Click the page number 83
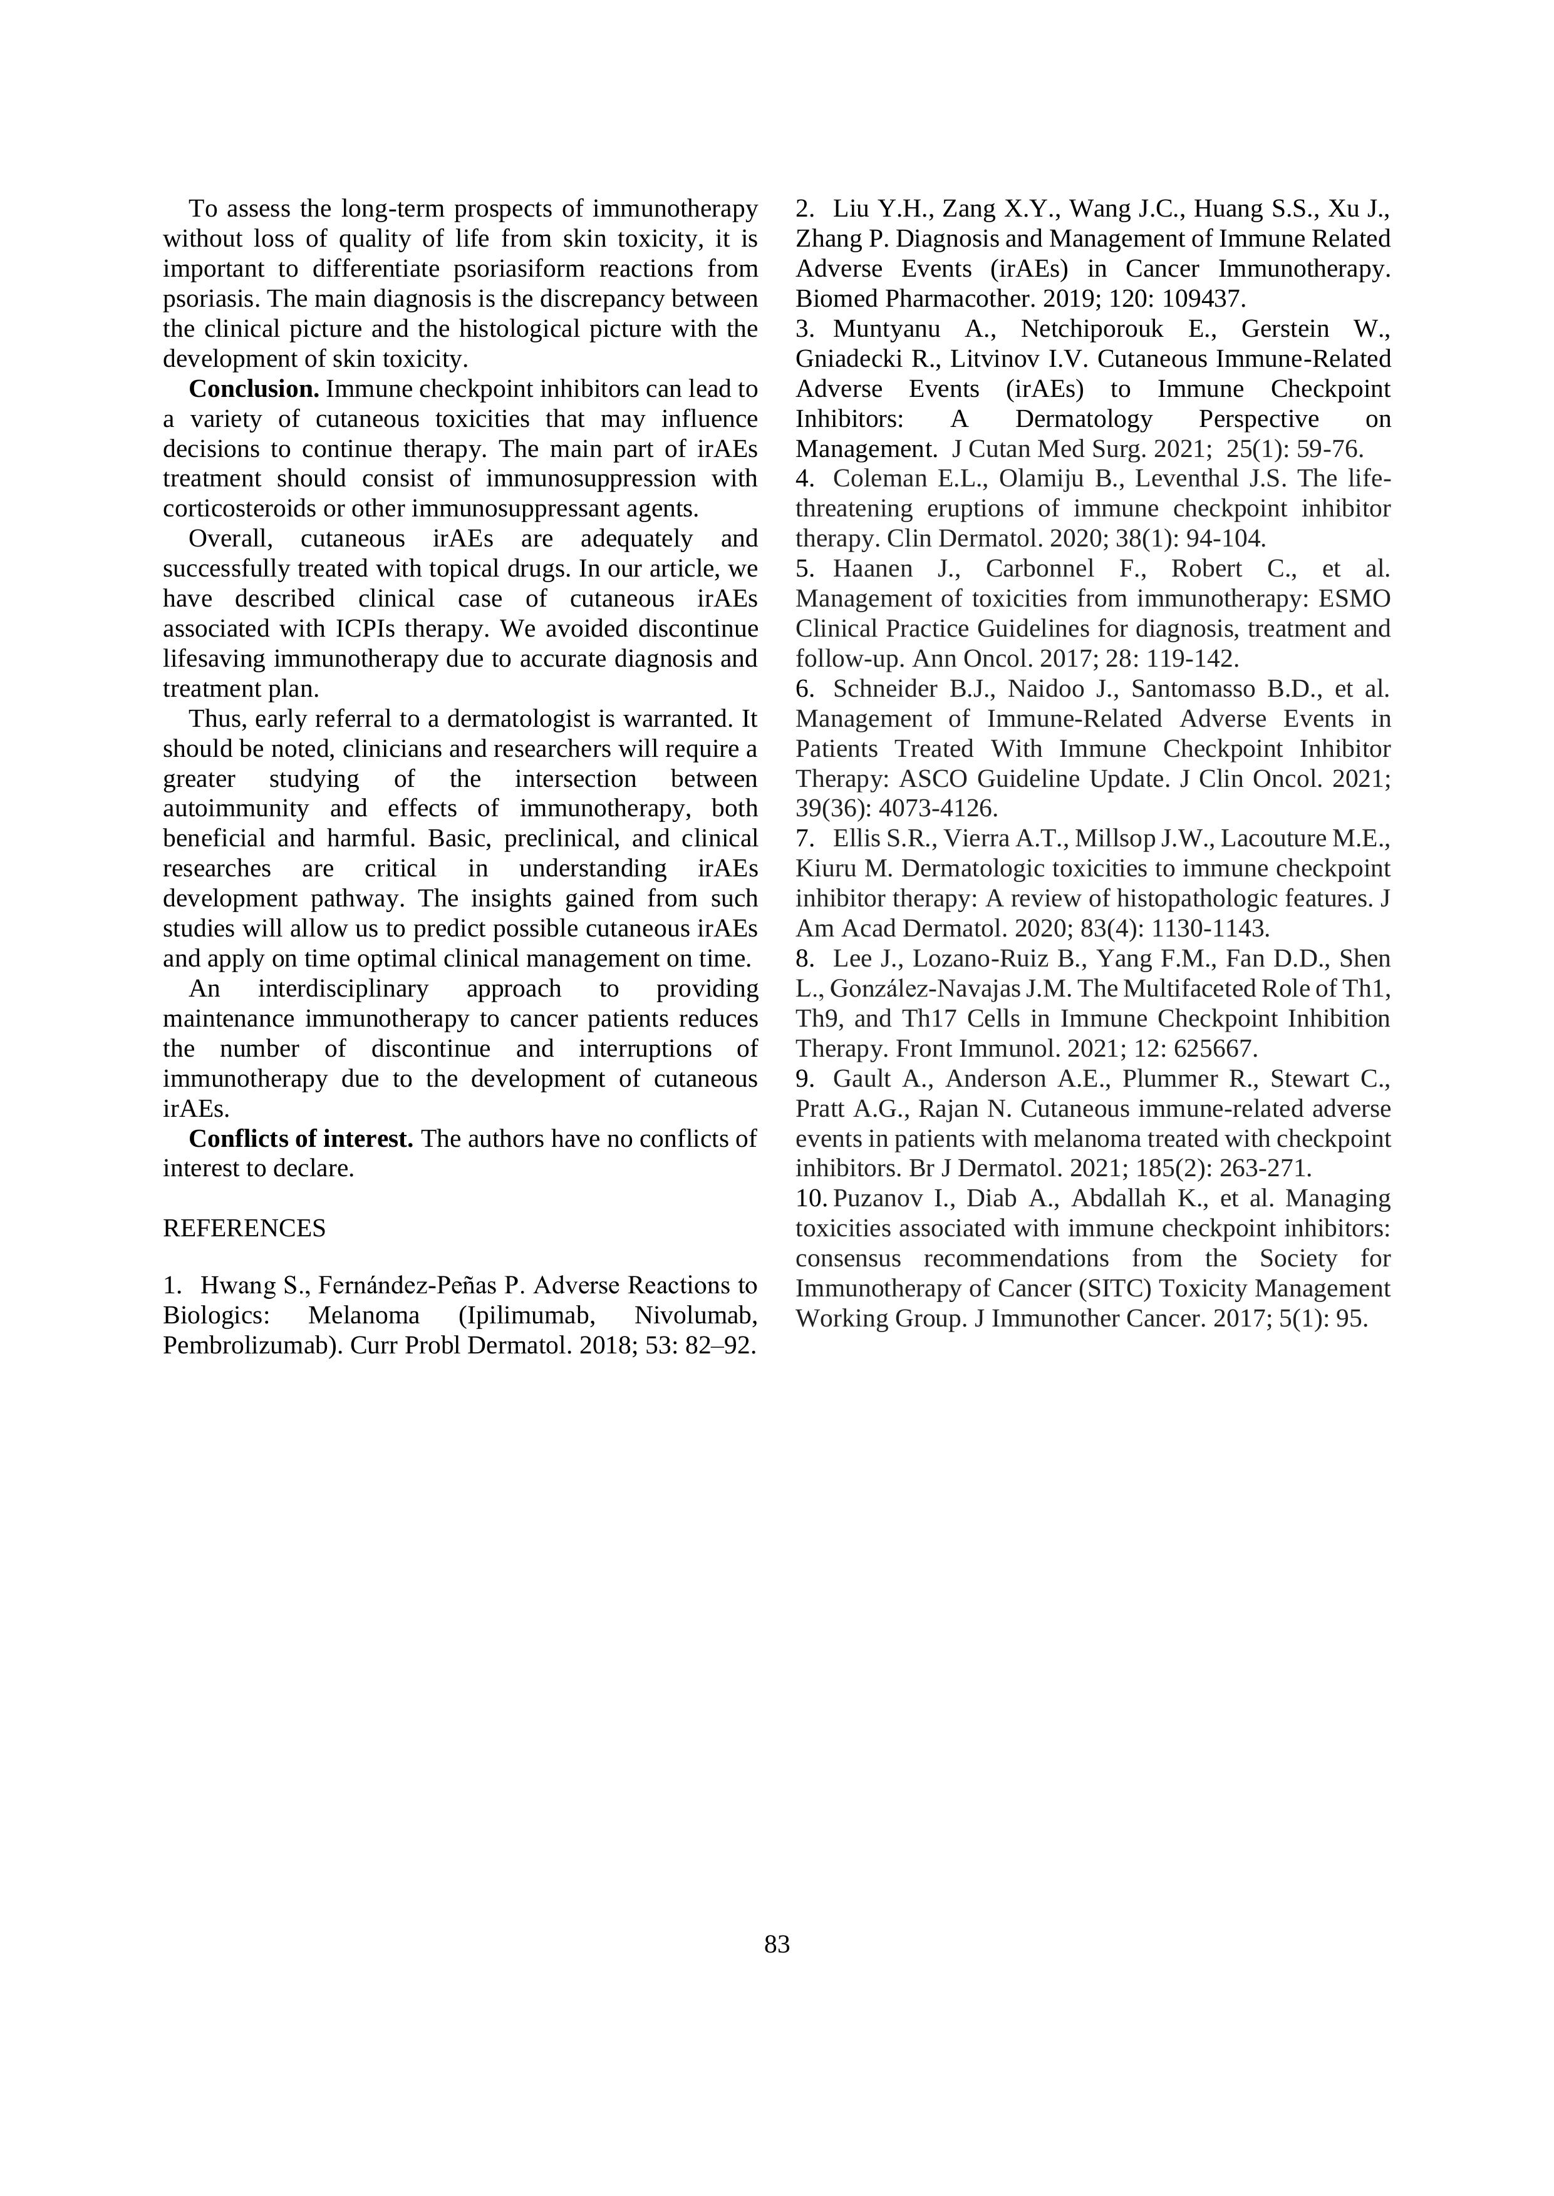click(777, 1944)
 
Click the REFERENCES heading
click(244, 1228)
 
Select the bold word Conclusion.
click(254, 389)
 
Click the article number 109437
click(1203, 299)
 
